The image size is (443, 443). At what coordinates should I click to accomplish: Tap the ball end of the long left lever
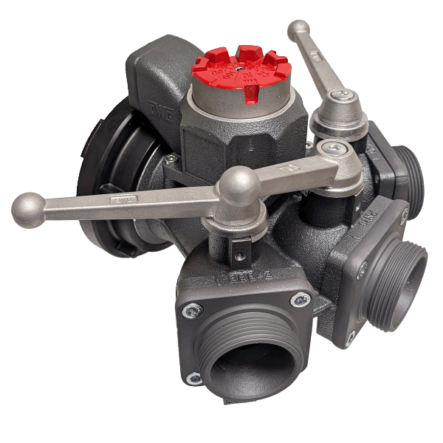(x=27, y=208)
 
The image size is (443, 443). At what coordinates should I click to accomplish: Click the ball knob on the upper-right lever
(x=299, y=30)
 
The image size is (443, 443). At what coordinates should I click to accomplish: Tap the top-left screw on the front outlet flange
(x=191, y=311)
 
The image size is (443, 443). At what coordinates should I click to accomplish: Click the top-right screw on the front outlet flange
(x=301, y=299)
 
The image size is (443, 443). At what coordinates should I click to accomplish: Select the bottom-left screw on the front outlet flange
(x=193, y=378)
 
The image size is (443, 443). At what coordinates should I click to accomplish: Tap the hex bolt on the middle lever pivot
(x=336, y=150)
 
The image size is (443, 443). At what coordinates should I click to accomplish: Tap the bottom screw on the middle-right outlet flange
(x=351, y=336)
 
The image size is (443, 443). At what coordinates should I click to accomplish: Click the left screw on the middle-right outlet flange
(x=362, y=270)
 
